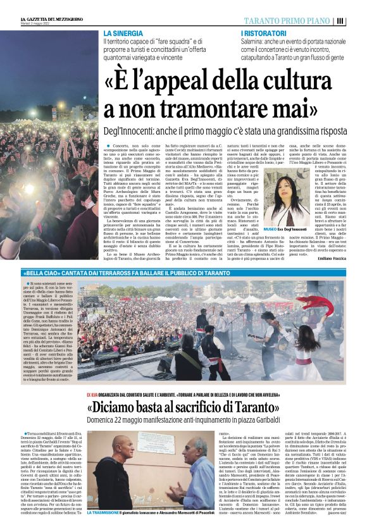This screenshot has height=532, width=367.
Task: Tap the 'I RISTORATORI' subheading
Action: tap(259, 32)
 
